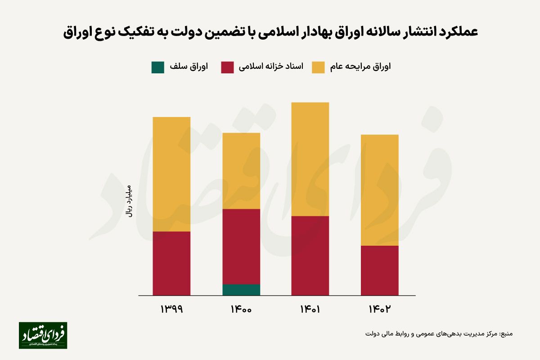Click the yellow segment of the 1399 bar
click(x=171, y=174)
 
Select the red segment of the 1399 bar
click(x=171, y=263)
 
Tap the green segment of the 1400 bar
click(x=241, y=290)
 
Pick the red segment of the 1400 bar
click(x=241, y=247)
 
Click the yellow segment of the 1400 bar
click(x=241, y=171)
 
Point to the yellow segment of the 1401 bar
click(x=310, y=159)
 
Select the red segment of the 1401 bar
click(x=310, y=256)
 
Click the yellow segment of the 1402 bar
click(x=379, y=190)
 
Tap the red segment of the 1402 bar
click(x=379, y=270)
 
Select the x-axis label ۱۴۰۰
click(x=241, y=310)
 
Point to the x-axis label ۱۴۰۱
click(x=310, y=310)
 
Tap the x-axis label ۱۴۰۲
click(x=379, y=310)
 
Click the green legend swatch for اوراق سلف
click(x=158, y=67)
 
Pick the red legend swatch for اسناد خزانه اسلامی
click(x=228, y=67)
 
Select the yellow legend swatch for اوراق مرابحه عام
click(x=318, y=67)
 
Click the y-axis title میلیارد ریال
click(x=129, y=201)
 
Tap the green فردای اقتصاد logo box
click(x=43, y=335)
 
